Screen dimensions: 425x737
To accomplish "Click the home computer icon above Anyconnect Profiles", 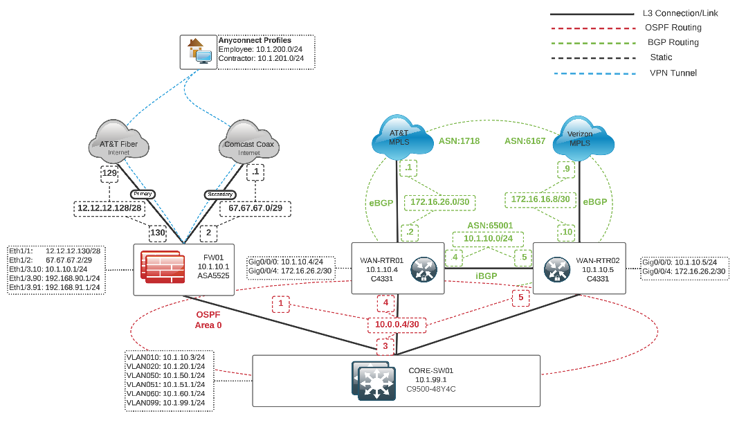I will (x=198, y=52).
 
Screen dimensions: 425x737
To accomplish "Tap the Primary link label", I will (x=142, y=194).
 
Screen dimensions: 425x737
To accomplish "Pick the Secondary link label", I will (x=220, y=195).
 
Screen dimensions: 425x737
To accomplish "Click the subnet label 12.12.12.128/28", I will (x=111, y=208).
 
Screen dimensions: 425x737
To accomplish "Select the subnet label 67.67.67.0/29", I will (x=255, y=208).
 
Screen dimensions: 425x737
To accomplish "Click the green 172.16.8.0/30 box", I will (x=540, y=199).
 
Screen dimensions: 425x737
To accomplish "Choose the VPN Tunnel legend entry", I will (x=673, y=73).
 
